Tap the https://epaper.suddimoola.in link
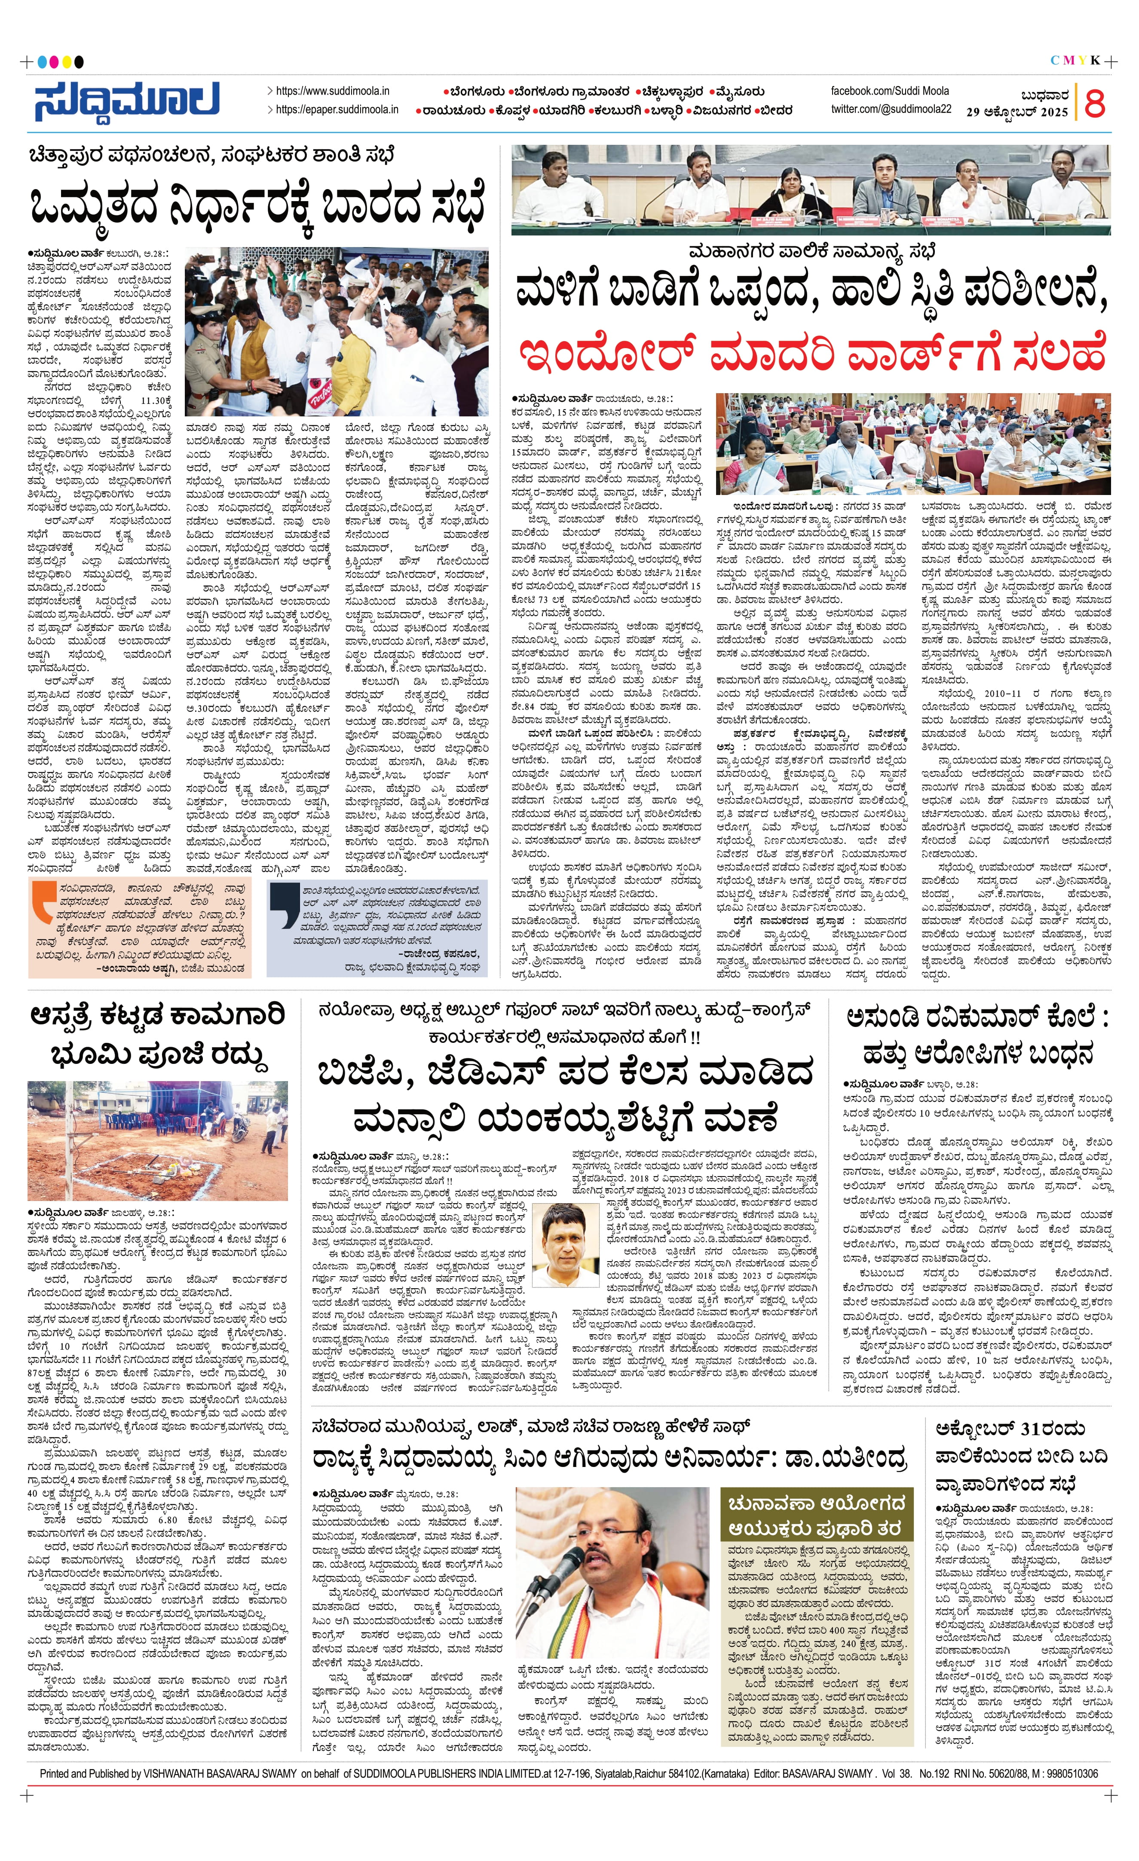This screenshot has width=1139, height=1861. tap(337, 110)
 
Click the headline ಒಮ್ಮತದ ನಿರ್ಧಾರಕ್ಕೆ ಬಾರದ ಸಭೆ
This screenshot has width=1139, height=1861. tap(257, 204)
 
